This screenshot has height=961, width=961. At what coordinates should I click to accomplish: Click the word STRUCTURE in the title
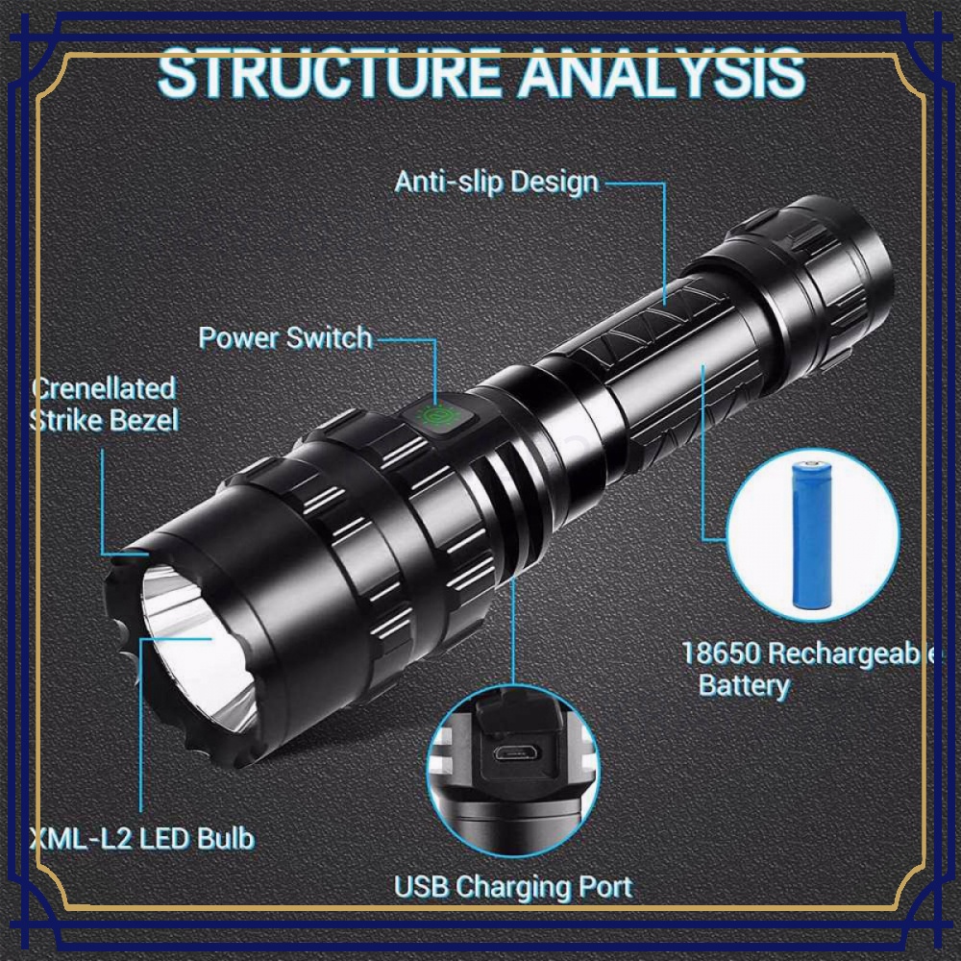coord(330,73)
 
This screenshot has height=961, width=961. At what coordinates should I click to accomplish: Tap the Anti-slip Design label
coord(497,183)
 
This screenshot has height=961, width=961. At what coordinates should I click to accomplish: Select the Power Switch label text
coord(285,337)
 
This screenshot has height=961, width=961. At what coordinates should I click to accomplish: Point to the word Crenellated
coord(104,388)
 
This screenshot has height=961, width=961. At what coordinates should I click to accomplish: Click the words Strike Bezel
coord(104,421)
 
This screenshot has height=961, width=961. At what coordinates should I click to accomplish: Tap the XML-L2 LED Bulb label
coord(142,838)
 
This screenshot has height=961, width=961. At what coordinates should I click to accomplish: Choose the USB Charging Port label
coord(513,887)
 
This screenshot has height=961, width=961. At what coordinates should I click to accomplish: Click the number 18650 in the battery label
coord(721,653)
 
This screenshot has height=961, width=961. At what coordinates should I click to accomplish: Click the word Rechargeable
coord(851,653)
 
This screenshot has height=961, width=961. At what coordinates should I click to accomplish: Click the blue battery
coord(812,535)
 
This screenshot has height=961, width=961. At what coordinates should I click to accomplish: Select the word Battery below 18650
coord(744,686)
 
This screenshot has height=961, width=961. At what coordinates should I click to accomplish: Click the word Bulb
coord(226,838)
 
